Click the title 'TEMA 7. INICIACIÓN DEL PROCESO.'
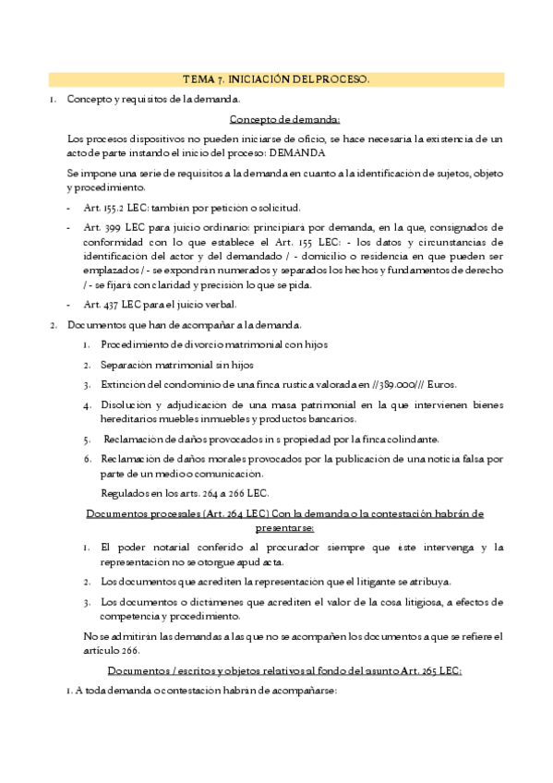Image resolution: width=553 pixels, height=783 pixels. point(277,80)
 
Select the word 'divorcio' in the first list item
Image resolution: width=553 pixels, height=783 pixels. point(191,344)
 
